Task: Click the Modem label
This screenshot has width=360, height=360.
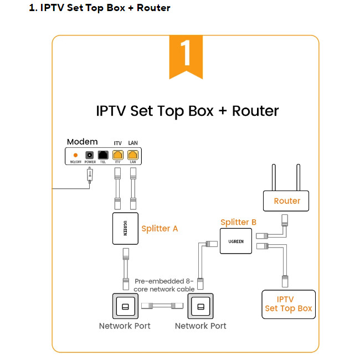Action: pos(82,142)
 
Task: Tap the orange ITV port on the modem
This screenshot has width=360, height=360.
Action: pos(117,156)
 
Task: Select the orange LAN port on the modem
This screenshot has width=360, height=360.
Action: pos(133,156)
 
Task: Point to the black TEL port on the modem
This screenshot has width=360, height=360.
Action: pos(102,156)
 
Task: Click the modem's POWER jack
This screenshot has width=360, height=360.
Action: pos(89,156)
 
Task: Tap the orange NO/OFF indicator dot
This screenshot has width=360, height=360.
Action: pos(75,156)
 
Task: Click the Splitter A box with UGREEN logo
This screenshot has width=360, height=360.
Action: pos(125,228)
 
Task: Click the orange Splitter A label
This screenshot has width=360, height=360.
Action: pos(160,228)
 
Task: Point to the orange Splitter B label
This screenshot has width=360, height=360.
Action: pos(238,223)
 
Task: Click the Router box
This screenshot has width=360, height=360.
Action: pos(287,201)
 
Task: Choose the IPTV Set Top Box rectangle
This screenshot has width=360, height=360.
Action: pos(288,304)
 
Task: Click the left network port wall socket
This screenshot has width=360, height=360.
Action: pos(125,306)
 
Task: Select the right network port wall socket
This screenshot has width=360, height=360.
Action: pos(200,306)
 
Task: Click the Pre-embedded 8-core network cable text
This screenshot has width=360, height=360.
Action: pos(164,285)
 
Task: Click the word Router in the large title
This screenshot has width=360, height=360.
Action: pos(255,110)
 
